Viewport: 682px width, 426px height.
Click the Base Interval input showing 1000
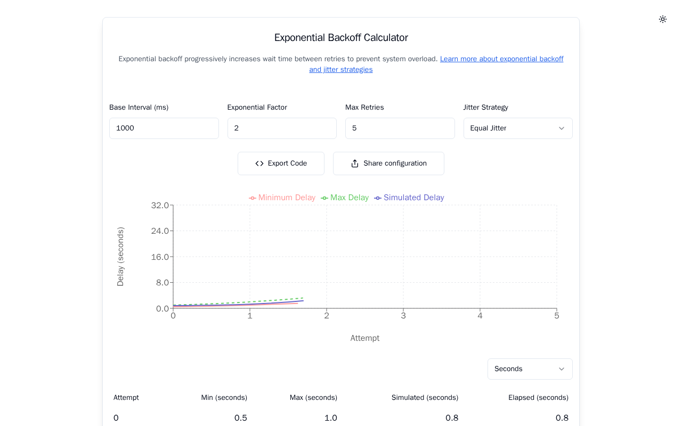tap(164, 128)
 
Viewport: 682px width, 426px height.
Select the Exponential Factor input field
tap(282, 128)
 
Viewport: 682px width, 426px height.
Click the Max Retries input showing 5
tap(400, 128)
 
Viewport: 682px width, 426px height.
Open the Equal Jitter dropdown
tap(518, 128)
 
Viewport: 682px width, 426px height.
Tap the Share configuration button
tap(388, 163)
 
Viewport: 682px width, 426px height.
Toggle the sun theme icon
tap(663, 19)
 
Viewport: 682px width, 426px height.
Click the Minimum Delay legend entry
tap(282, 198)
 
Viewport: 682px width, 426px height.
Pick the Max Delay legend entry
tap(345, 198)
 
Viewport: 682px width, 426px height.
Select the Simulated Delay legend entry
tap(409, 198)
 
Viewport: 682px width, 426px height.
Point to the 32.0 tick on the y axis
tap(160, 206)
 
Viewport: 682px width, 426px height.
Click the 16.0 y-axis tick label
tap(160, 257)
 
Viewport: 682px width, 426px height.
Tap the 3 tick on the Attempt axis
tap(403, 316)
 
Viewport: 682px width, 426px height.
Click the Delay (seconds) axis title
tap(120, 257)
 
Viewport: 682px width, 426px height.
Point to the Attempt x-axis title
tap(365, 338)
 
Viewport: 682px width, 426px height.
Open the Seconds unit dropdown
tap(530, 369)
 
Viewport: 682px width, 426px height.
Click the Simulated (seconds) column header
tap(425, 398)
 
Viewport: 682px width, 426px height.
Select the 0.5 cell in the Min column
tap(241, 418)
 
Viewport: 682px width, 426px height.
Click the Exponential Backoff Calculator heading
tap(341, 38)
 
